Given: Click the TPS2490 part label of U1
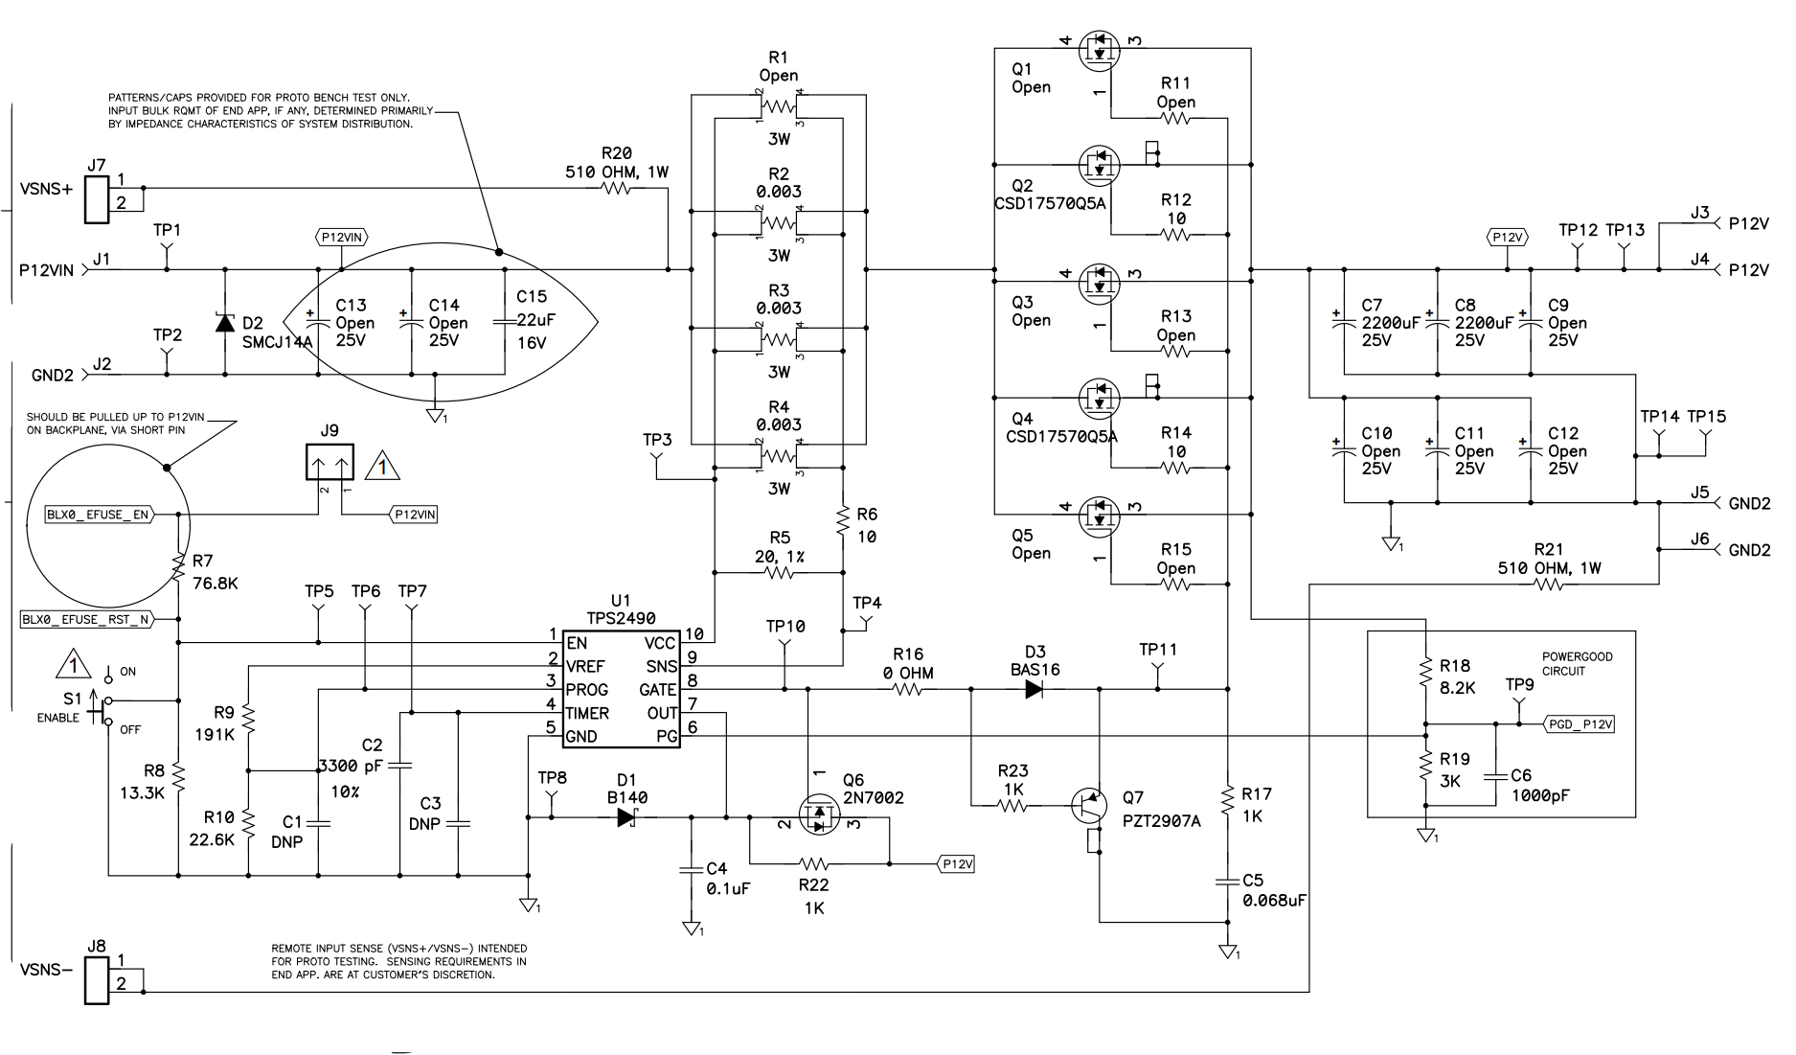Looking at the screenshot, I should point(622,619).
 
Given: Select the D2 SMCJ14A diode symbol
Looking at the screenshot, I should point(224,323).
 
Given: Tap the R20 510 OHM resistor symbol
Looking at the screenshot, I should point(616,189).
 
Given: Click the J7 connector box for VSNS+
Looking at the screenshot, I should point(97,199).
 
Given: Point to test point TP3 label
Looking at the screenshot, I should point(657,440).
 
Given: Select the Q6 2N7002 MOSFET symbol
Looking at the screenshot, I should point(817,816).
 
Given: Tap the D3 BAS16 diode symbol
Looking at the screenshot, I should point(1034,689).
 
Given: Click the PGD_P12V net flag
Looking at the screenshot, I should point(1581,724).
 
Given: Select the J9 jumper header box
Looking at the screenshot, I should point(330,463).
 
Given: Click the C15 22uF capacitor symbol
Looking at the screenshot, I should point(506,323).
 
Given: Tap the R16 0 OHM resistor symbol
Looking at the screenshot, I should point(907,689).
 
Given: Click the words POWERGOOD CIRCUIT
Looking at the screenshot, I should point(1576,664).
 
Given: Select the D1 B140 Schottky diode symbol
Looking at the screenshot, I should point(627,817).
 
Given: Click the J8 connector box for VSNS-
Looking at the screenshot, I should point(97,980).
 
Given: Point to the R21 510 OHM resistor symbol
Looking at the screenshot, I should point(1548,585).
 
